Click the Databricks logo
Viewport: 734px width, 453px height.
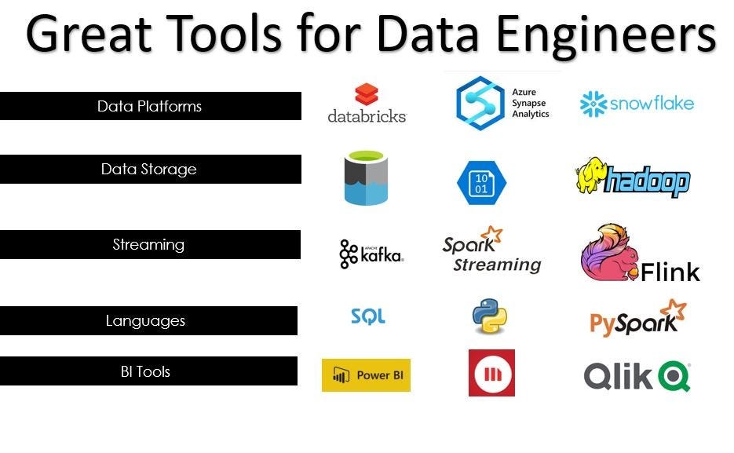[x=367, y=104]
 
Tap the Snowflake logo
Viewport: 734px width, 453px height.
[x=637, y=104]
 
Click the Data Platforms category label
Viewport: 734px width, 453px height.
[x=150, y=106]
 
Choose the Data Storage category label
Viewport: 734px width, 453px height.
[x=149, y=169]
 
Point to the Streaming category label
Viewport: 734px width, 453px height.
[x=148, y=244]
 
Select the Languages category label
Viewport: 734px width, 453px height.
[x=146, y=320]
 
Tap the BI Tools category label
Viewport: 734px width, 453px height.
[x=146, y=371]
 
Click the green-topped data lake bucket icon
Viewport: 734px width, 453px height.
[x=366, y=177]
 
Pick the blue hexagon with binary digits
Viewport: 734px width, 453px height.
[x=481, y=184]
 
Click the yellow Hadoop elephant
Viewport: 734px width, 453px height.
[x=591, y=176]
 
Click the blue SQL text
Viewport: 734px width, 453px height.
[x=368, y=316]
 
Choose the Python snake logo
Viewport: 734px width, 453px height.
[x=489, y=316]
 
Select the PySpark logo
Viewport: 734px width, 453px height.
[x=637, y=318]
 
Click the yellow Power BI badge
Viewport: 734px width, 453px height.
[x=366, y=375]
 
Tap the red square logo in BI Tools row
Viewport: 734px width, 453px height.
[x=491, y=373]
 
